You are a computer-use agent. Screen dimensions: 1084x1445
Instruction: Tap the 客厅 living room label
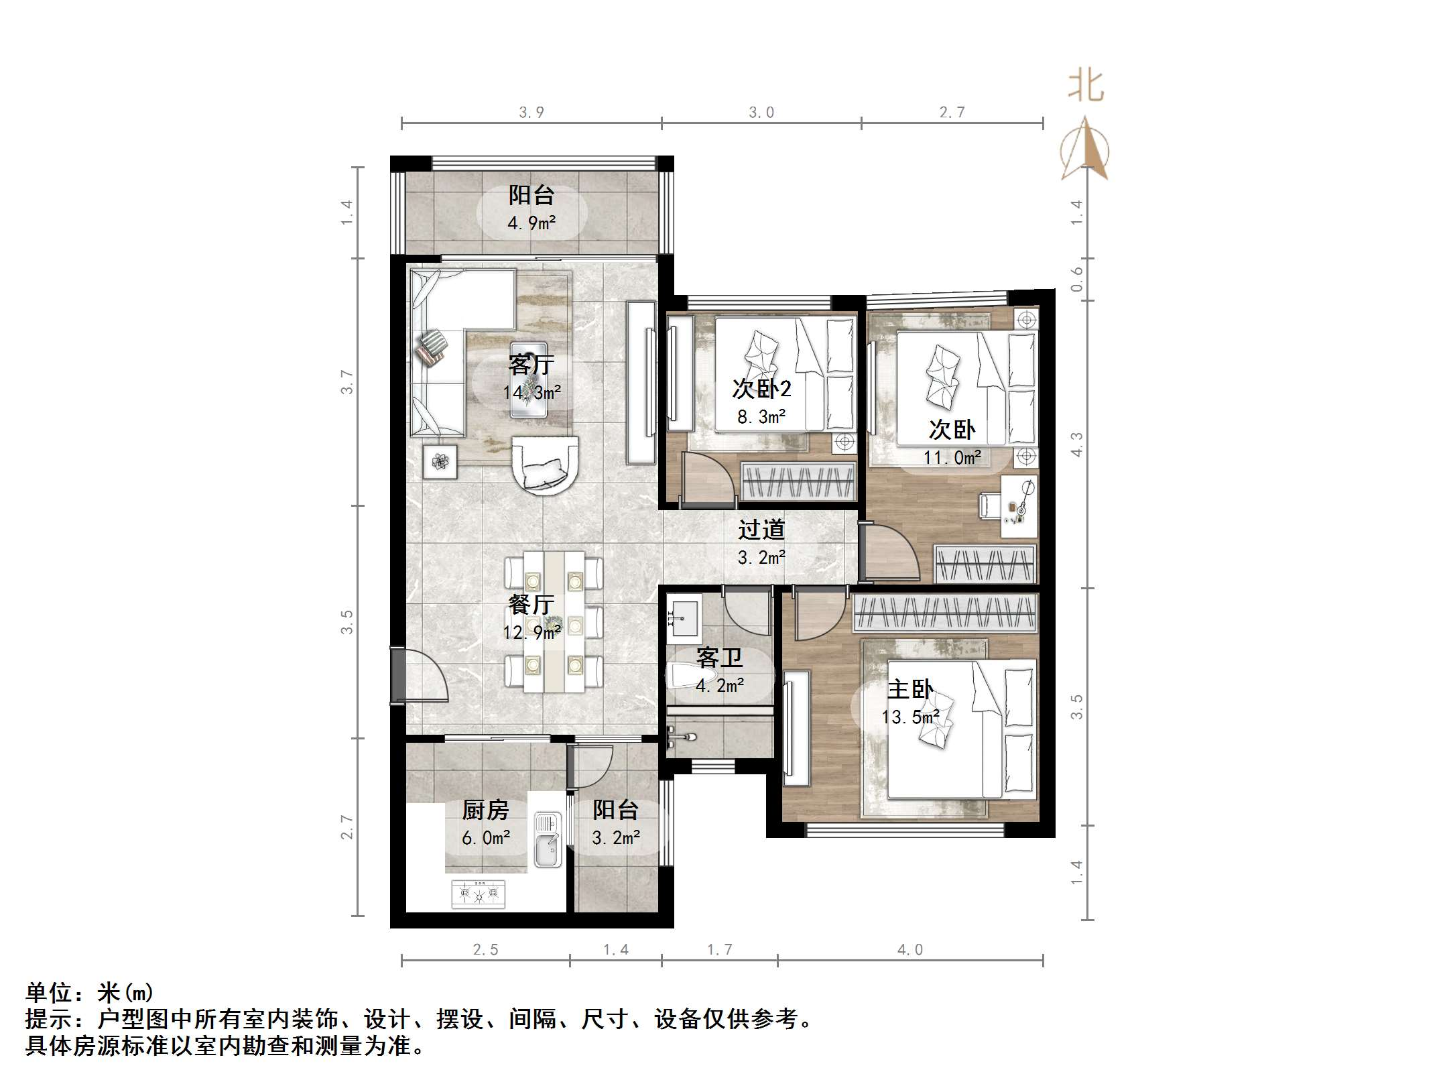pyautogui.click(x=531, y=364)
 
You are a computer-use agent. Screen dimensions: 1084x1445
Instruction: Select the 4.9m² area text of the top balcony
pyautogui.click(x=531, y=223)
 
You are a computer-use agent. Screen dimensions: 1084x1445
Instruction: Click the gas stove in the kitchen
pyautogui.click(x=479, y=894)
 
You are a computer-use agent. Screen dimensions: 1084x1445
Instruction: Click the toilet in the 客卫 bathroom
pyautogui.click(x=682, y=677)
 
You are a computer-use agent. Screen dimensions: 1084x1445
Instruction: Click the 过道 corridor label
pyautogui.click(x=761, y=530)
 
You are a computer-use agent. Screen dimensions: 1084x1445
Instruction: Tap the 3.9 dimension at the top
pyautogui.click(x=531, y=112)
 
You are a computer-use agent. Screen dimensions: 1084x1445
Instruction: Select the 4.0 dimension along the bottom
pyautogui.click(x=909, y=949)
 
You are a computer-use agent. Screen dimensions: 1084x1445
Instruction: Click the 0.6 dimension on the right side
pyautogui.click(x=1076, y=279)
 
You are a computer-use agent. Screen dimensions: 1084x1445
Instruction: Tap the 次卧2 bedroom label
pyautogui.click(x=761, y=388)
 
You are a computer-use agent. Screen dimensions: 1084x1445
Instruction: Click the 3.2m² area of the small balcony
pyautogui.click(x=615, y=837)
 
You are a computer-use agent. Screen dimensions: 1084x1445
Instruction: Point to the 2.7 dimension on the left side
pyautogui.click(x=347, y=827)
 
